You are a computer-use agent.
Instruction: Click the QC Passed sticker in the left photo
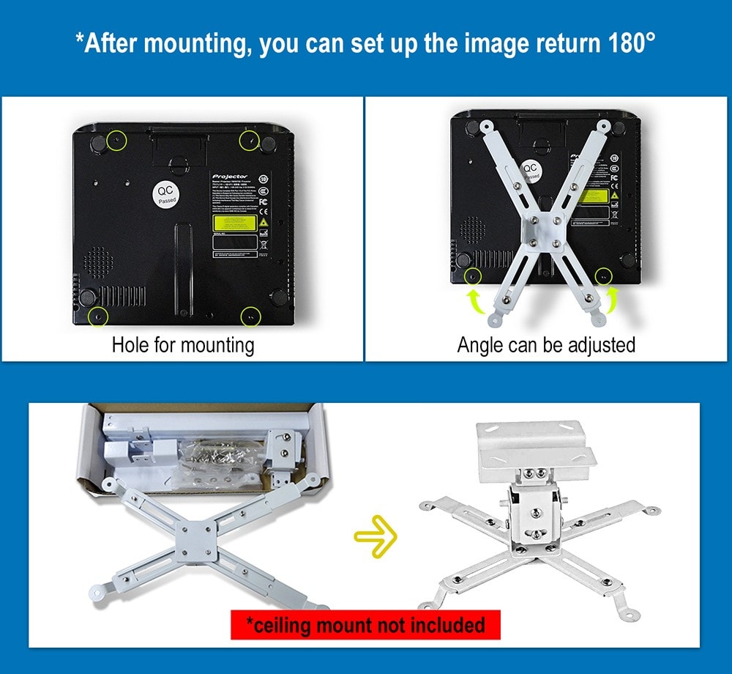pyautogui.click(x=167, y=194)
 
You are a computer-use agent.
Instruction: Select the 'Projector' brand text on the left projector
pyautogui.click(x=231, y=177)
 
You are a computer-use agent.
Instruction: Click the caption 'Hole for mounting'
pyautogui.click(x=182, y=344)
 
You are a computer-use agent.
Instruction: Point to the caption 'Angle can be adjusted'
pyautogui.click(x=546, y=344)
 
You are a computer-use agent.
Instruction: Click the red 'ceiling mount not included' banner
pyautogui.click(x=365, y=625)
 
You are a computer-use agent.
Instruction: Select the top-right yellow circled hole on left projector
pyautogui.click(x=250, y=140)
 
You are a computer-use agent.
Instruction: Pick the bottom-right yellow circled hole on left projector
pyautogui.click(x=251, y=316)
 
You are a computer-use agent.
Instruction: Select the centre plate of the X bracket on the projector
pyautogui.click(x=542, y=231)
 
